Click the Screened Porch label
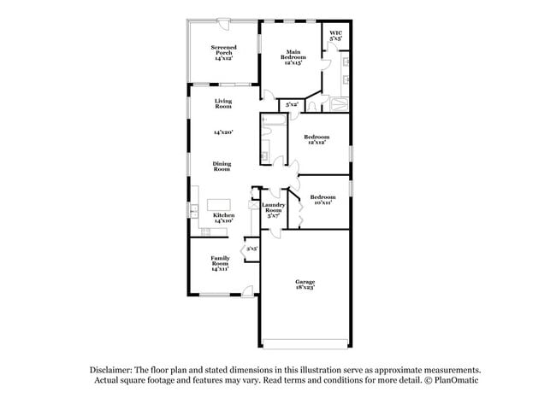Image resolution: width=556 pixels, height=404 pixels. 223,50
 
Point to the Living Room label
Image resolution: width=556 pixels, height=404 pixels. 223,103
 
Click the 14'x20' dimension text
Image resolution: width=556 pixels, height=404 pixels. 223,132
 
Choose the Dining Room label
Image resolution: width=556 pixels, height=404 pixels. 222,167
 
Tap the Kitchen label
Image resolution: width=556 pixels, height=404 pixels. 223,214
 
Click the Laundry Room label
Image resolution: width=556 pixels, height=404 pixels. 274,207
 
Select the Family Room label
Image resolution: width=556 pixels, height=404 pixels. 220,262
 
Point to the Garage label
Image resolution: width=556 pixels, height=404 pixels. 305,281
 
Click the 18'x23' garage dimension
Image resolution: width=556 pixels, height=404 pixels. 305,288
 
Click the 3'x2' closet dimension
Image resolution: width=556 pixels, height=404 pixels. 292,104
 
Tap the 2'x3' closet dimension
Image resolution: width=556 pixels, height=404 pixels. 251,249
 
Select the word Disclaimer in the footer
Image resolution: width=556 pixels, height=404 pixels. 114,369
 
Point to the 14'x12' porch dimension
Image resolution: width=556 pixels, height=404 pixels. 223,60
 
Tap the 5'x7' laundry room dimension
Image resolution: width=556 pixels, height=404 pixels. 274,216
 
